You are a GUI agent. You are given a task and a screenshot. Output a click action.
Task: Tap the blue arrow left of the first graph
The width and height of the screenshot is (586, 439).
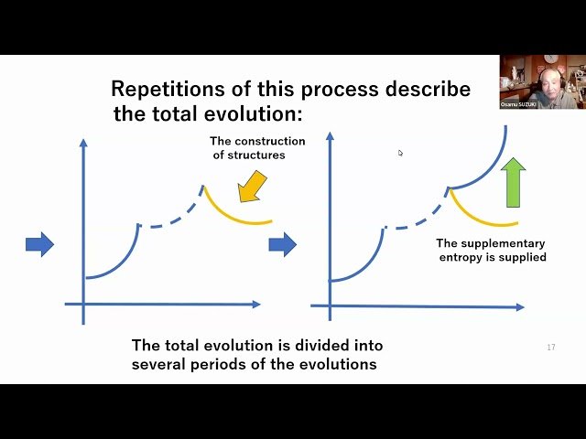(39, 243)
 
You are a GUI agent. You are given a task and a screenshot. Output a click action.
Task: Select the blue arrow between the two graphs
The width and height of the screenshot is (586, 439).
(282, 244)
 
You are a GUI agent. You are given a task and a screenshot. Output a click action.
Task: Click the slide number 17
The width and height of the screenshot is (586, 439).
(550, 348)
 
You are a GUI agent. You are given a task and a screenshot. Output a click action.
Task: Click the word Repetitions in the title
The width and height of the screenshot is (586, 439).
(163, 90)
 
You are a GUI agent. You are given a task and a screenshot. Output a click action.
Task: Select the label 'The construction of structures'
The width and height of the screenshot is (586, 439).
(256, 148)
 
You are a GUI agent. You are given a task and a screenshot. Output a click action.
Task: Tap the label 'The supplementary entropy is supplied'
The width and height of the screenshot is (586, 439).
(491, 250)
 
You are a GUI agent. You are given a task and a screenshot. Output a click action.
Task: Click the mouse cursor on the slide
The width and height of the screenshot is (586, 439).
(400, 153)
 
